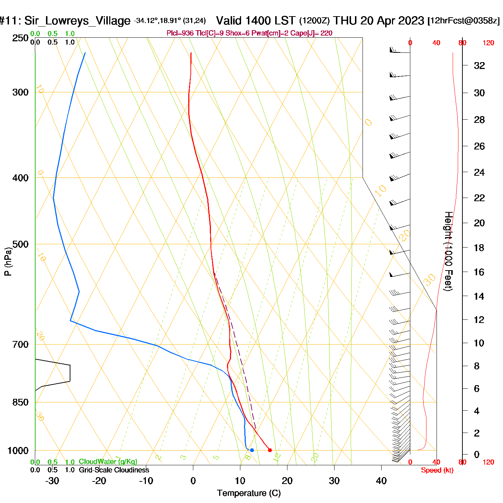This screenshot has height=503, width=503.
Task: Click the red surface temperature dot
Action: [x=270, y=450]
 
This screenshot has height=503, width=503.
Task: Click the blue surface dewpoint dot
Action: [x=252, y=450]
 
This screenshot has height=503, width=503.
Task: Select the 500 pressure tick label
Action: [x=20, y=244]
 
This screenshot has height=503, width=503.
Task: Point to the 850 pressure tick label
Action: [x=20, y=402]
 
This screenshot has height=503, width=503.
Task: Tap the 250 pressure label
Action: [x=20, y=38]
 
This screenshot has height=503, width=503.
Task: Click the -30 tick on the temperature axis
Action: [x=52, y=481]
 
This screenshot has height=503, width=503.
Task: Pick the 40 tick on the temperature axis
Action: [x=381, y=481]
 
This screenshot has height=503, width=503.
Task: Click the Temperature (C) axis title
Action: [x=249, y=493]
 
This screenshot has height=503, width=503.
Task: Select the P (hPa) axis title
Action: [x=8, y=261]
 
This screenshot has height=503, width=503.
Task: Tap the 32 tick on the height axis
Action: [x=479, y=65]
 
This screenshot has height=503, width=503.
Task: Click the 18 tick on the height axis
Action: [x=479, y=248]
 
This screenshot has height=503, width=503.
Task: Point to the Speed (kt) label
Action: [x=437, y=470]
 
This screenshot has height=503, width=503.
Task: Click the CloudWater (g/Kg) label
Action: [x=108, y=462]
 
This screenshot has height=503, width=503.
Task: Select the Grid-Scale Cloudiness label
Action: [x=114, y=470]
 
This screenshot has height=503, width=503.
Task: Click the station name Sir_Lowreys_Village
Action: [x=77, y=21]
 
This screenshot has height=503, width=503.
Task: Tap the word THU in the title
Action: [x=346, y=20]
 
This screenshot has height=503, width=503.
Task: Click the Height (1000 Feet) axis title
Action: [x=448, y=251]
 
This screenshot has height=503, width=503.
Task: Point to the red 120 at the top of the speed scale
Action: [x=488, y=43]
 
